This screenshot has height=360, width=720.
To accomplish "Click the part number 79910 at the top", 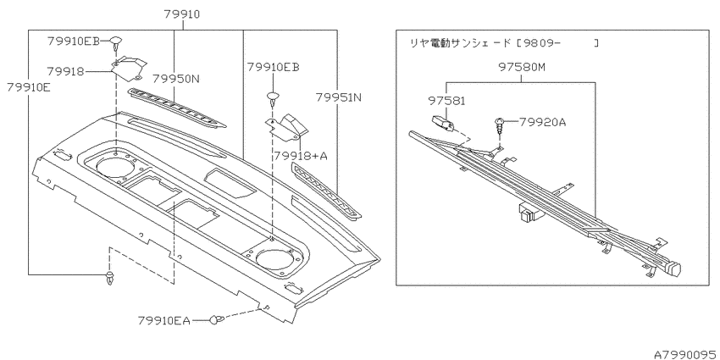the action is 182,14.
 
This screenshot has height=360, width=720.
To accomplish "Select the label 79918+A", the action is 301,156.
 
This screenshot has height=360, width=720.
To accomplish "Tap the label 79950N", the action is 176,79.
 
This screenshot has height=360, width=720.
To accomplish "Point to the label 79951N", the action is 339,97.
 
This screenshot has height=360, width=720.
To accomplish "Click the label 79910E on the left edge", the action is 29,87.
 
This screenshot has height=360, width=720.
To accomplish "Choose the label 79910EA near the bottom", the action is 164,320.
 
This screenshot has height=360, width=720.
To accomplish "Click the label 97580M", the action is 522,68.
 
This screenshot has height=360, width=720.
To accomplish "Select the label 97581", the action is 447,101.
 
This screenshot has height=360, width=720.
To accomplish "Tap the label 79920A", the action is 543,122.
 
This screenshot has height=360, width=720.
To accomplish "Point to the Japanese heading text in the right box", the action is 504,43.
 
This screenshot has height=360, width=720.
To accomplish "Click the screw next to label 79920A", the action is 500,126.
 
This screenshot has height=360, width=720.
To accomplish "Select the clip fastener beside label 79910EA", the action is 217,319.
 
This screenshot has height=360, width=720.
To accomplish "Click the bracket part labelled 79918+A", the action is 287,126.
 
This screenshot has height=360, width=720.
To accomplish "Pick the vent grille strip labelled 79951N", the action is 326,191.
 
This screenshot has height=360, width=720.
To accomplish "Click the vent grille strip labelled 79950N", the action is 177,108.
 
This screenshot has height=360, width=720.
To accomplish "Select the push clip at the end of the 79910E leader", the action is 110,278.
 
